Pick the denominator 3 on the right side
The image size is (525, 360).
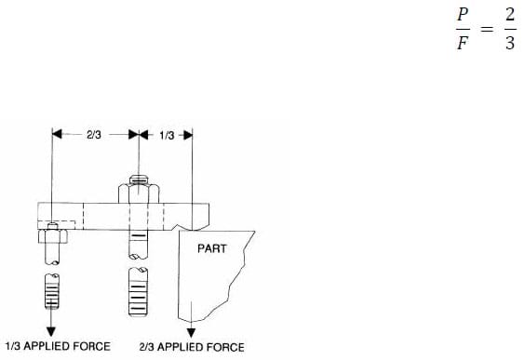[x=509, y=44]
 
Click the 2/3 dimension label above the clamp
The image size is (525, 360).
[x=94, y=135]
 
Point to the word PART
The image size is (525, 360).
[x=212, y=248]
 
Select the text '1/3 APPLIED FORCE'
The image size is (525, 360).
[x=58, y=346]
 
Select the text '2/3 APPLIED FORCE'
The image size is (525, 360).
[x=192, y=347]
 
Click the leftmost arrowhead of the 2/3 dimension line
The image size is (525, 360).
[x=57, y=135]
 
